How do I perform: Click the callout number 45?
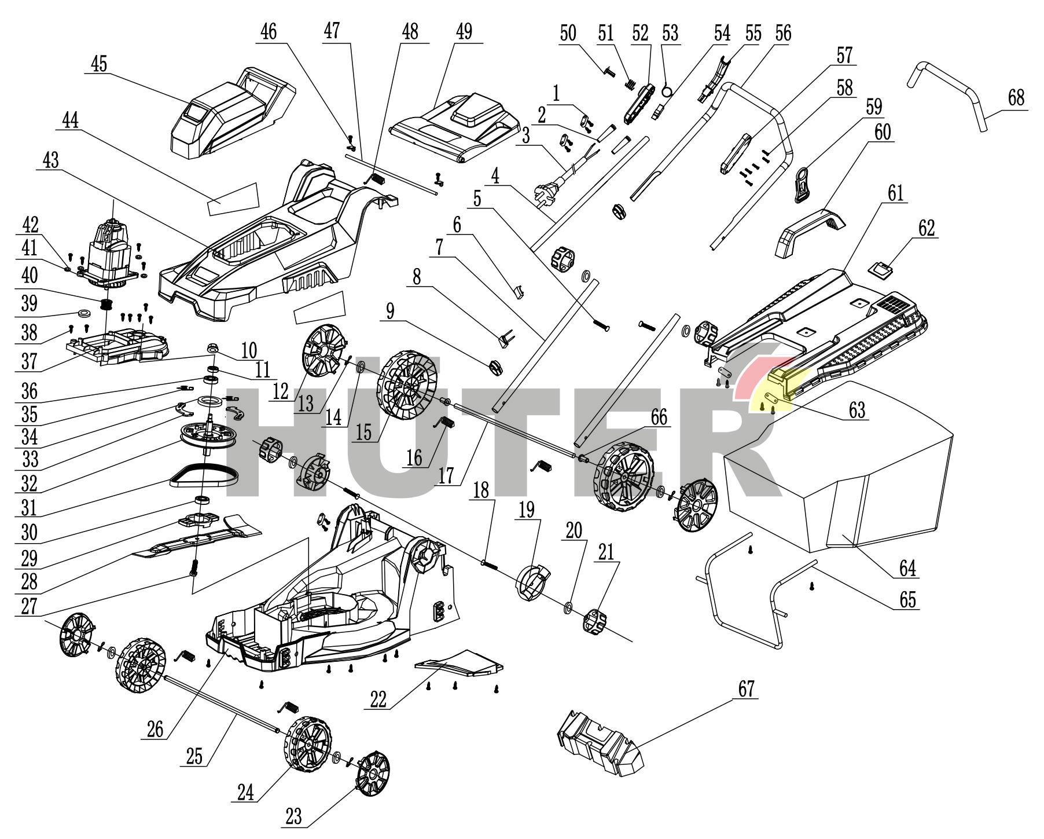click(x=99, y=63)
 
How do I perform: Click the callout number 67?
click(x=746, y=689)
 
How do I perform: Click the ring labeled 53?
click(x=667, y=91)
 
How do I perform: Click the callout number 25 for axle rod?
click(x=196, y=756)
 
